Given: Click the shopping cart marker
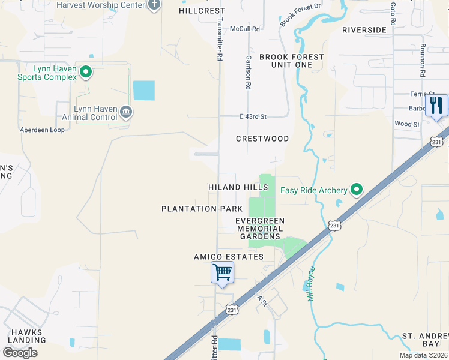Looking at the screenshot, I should point(222,273).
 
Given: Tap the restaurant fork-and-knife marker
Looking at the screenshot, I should point(436,106).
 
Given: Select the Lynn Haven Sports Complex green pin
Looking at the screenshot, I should point(86,73).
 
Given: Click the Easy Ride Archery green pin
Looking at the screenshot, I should point(357,190).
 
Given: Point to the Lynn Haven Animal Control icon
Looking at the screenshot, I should point(126,111).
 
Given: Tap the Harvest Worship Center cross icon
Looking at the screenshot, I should point(154,5).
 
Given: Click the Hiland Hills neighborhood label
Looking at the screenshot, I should point(238,187).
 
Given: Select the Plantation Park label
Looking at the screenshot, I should point(202,209).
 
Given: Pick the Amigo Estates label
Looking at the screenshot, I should point(228,257).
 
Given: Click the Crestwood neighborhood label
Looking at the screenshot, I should point(262,139).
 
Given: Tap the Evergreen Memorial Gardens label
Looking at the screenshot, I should point(260,229).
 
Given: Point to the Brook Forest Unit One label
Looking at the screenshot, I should point(291,61).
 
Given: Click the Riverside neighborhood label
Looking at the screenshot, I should point(364,30).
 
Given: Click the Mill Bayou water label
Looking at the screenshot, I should point(312,284).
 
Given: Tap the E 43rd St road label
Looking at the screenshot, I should point(252,116).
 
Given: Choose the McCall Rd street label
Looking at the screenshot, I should point(247,28).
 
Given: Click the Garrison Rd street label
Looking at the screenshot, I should point(248,73).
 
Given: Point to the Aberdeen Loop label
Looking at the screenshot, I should point(42,130).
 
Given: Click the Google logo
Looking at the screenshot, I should point(20,352).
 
